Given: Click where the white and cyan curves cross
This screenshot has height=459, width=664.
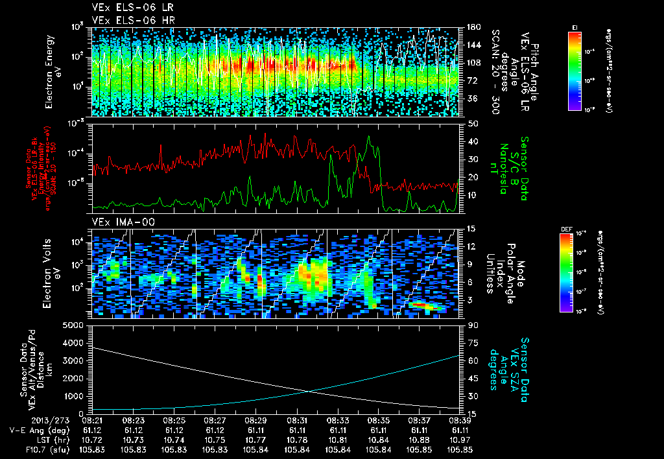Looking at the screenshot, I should (x=307, y=390).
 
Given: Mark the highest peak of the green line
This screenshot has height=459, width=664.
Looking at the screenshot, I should (x=369, y=137).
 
